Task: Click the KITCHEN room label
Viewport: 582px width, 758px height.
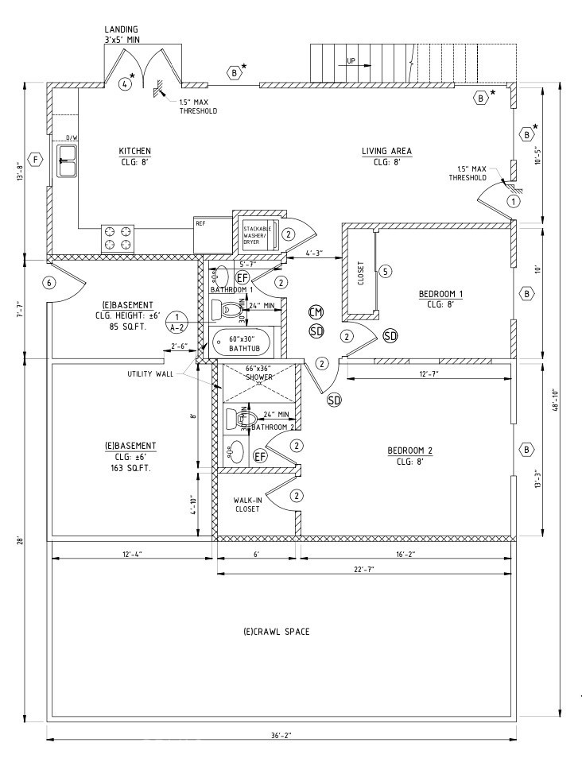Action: [x=134, y=151]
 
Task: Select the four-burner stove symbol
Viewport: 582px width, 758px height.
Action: [x=118, y=237]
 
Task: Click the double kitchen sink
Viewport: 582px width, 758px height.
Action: [x=66, y=161]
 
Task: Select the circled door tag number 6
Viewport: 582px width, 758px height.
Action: [x=49, y=283]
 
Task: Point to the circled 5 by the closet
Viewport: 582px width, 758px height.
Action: [x=386, y=272]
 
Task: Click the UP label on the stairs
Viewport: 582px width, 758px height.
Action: [x=351, y=60]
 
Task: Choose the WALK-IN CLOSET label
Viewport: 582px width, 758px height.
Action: [x=246, y=505]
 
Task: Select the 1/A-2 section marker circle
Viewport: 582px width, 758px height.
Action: [x=178, y=320]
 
